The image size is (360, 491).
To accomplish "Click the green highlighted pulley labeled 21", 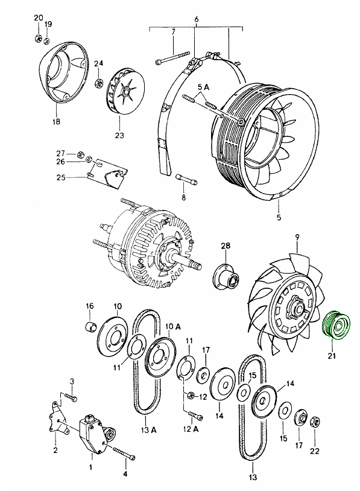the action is tap(336, 325).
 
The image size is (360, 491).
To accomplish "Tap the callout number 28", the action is tap(226, 245).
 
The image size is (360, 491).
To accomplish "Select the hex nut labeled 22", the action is tap(315, 422).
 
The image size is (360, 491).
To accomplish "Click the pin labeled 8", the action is tap(186, 179).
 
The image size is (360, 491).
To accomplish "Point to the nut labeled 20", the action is tap(37, 39).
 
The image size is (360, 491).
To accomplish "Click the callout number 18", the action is tap(56, 121).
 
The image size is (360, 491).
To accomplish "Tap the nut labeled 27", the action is tap(80, 154).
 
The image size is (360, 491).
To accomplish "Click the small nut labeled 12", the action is tap(190, 396).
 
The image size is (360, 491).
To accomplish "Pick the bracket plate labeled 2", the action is tap(58, 418).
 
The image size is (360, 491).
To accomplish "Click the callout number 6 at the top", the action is tap(196, 19).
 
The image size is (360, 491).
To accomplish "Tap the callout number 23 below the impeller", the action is tap(119, 135).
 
